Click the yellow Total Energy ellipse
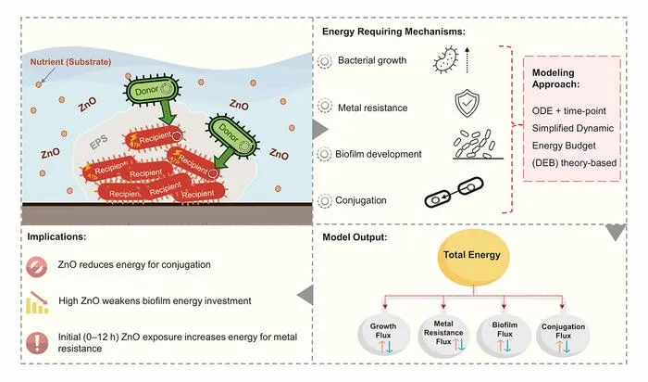point(473,257)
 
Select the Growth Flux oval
point(384,335)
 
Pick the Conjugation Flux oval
point(563,335)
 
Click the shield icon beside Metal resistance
point(467,103)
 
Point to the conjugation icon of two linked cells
point(454,192)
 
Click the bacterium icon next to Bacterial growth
point(446,59)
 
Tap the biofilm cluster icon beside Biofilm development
point(478,145)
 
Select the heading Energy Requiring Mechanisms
point(393,32)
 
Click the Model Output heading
point(355,237)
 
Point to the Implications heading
point(56,236)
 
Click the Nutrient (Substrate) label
point(70,62)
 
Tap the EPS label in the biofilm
point(99,143)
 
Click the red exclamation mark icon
point(37,342)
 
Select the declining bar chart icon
point(37,302)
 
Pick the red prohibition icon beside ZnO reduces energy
point(37,266)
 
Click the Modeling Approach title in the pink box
point(555,78)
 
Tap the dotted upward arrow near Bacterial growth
point(467,60)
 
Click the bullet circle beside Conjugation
point(325,201)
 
